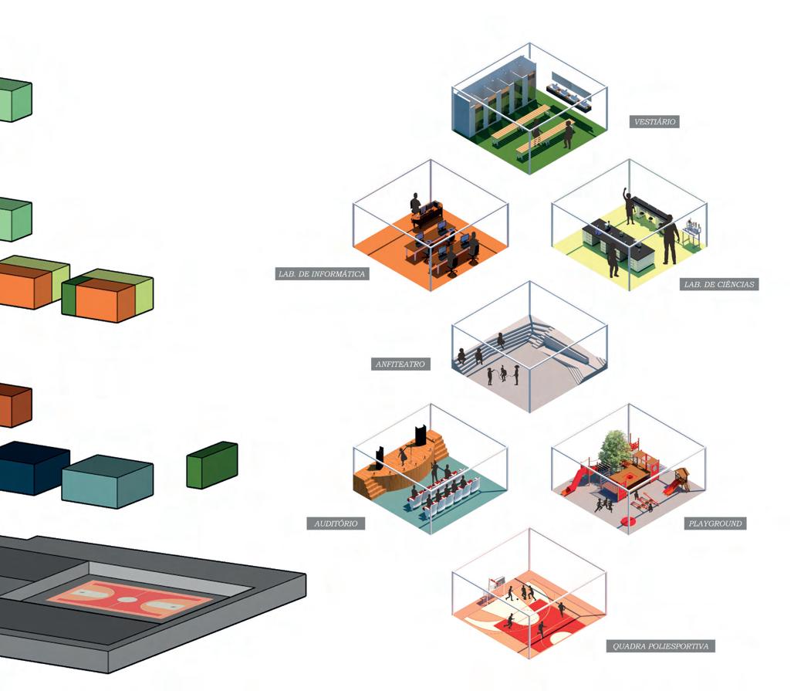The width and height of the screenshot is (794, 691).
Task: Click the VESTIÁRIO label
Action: click(655, 122)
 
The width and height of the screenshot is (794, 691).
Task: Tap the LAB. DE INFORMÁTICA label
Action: click(322, 274)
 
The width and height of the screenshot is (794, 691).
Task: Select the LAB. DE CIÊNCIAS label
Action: click(720, 284)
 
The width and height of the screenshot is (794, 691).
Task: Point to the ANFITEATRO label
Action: click(400, 364)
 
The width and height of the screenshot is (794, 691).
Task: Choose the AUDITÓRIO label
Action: click(336, 523)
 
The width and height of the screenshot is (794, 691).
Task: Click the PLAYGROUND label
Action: click(715, 523)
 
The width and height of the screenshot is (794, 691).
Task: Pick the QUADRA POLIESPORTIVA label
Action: click(661, 645)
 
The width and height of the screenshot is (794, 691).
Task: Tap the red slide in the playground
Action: click(572, 482)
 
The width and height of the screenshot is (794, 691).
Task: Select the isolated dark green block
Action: click(211, 465)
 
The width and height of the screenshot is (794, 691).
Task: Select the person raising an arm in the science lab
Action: click(629, 205)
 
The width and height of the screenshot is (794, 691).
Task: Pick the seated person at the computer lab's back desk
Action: click(415, 204)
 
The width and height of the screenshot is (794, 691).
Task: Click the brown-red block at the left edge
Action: click(14, 405)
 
